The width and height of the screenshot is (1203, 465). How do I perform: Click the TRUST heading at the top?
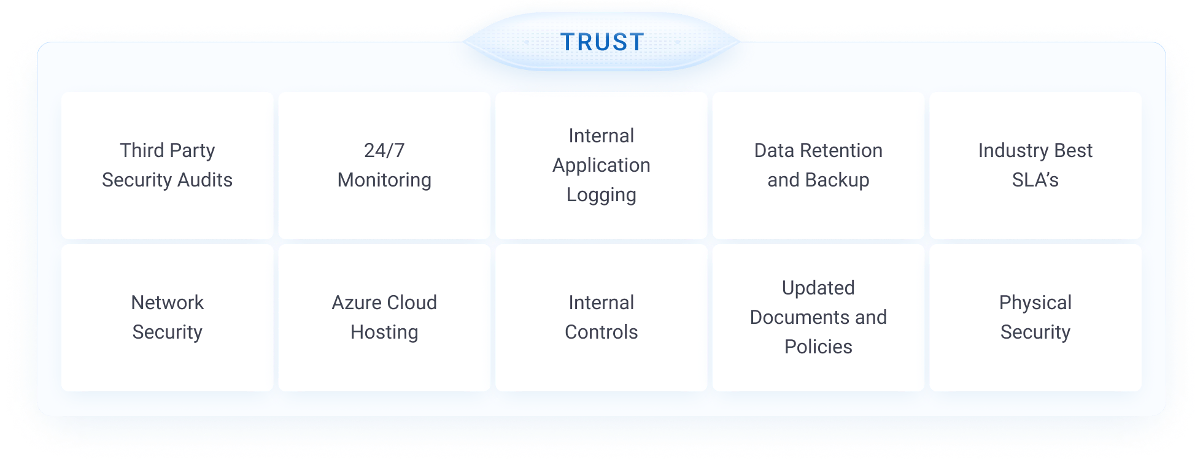(602, 42)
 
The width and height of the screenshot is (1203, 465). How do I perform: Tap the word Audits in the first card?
(205, 180)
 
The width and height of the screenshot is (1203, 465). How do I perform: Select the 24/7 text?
(384, 150)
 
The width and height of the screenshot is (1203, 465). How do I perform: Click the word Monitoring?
(384, 180)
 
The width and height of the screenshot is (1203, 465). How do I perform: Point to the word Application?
(601, 166)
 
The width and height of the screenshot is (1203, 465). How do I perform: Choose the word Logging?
(601, 195)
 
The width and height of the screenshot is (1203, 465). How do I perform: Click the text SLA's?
(1035, 180)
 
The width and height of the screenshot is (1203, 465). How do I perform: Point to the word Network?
(167, 302)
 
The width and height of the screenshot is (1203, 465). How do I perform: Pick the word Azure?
(355, 302)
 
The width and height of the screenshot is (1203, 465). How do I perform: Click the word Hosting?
(384, 332)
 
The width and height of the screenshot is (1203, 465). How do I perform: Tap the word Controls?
(601, 332)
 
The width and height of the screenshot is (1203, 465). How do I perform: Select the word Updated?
(818, 288)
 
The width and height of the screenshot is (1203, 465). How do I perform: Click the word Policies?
(818, 347)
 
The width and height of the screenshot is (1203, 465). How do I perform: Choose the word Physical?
(1035, 302)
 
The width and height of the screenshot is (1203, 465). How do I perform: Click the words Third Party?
(167, 150)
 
